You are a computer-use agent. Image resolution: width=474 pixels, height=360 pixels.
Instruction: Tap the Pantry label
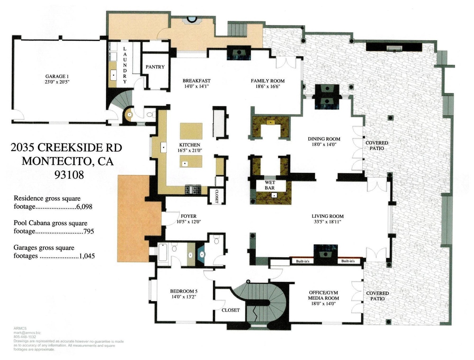[155, 67]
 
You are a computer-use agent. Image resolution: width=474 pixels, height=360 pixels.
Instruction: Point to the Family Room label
[267, 81]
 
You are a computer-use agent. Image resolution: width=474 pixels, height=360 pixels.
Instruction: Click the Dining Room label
[324, 139]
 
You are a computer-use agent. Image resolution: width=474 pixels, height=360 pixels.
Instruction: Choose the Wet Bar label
[270, 185]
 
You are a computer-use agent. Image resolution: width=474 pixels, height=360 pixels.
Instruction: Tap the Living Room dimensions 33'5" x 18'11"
[327, 222]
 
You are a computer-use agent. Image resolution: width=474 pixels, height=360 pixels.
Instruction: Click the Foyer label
[188, 216]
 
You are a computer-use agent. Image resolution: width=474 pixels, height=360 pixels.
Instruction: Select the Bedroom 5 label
[184, 291]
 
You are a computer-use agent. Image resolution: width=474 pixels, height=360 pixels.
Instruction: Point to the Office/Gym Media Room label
[323, 296]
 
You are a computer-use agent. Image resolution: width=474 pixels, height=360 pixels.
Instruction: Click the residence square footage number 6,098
[84, 207]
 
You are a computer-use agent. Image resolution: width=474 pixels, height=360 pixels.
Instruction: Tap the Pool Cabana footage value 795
[89, 232]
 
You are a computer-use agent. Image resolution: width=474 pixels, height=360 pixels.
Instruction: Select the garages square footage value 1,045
[87, 256]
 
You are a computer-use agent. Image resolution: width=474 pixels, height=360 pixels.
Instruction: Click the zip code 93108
[69, 175]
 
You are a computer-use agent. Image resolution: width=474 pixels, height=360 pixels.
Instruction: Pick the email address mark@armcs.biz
[27, 333]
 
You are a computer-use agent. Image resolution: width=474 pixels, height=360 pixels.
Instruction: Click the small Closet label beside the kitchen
[217, 196]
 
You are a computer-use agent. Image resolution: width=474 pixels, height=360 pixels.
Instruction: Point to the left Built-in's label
[303, 262]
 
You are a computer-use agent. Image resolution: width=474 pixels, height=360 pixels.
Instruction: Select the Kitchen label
[189, 145]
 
